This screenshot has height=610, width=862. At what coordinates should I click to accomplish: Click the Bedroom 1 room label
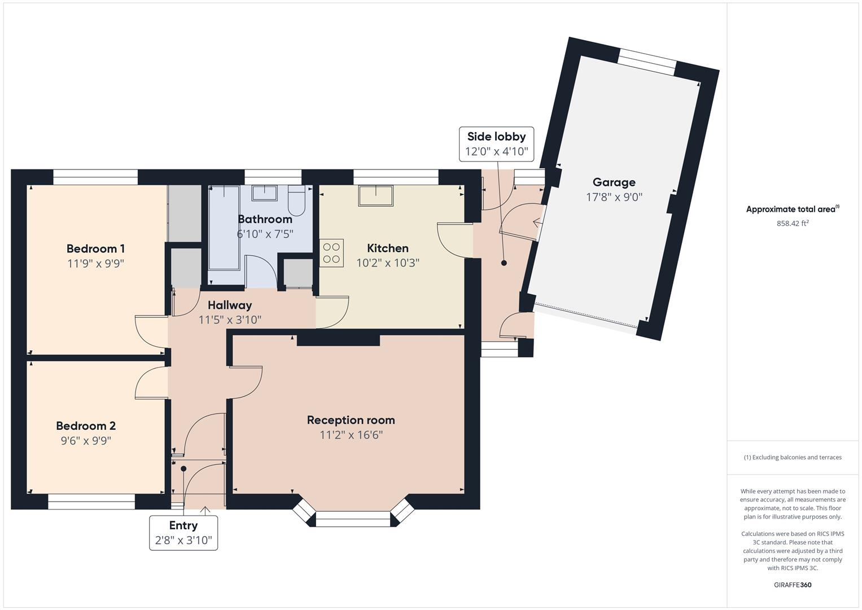[x=95, y=249]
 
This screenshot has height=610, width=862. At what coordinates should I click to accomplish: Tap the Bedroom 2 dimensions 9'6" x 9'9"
[x=86, y=441]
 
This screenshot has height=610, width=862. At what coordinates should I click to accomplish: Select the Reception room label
[x=351, y=420]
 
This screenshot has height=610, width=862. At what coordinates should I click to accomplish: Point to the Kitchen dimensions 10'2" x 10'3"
[x=388, y=263]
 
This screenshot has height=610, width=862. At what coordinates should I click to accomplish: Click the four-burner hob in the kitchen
[x=331, y=253]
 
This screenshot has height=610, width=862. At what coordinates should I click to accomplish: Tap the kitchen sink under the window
[x=375, y=195]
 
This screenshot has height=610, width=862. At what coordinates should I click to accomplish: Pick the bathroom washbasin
[x=264, y=193]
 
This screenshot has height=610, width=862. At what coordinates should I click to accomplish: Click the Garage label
[x=614, y=182]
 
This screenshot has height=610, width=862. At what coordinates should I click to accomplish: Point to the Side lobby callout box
[x=496, y=144]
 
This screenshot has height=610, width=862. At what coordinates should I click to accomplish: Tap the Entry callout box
[x=183, y=532]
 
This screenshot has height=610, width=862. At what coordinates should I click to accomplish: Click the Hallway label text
[x=230, y=305]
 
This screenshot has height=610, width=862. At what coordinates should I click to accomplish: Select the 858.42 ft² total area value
[x=793, y=223]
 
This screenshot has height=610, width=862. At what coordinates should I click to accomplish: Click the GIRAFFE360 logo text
[x=793, y=585]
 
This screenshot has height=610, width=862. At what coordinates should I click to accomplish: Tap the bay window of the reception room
[x=353, y=518]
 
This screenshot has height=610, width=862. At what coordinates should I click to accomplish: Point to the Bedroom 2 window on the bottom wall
[x=91, y=502]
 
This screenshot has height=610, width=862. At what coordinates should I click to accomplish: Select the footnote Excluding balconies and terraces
[x=793, y=457]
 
